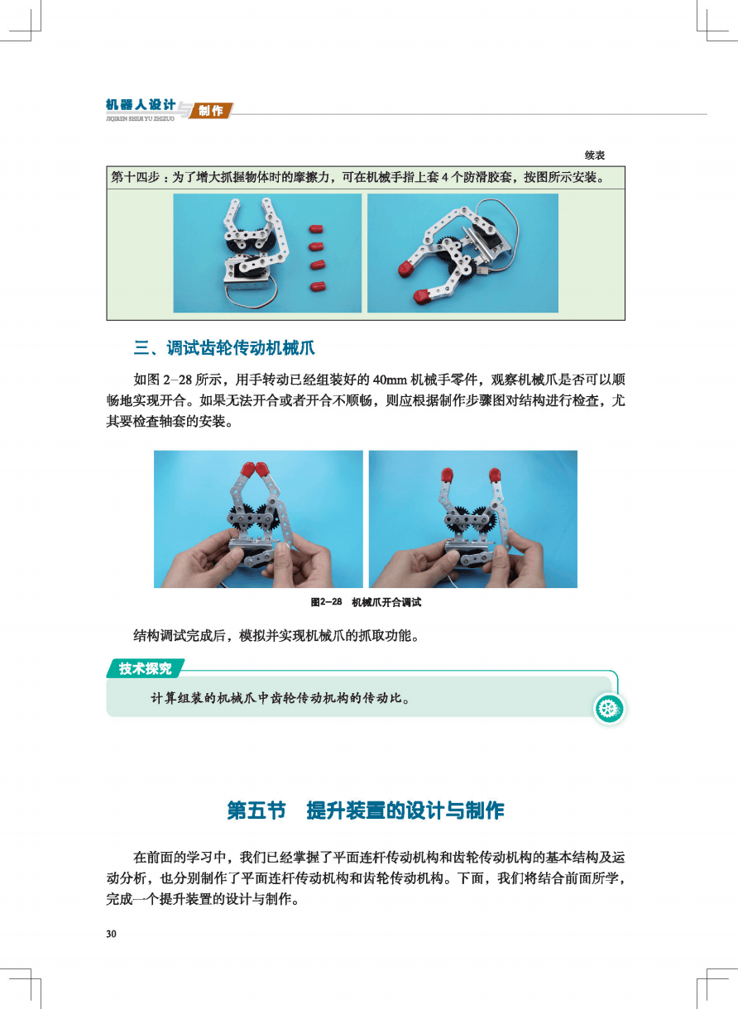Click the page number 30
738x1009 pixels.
click(x=112, y=934)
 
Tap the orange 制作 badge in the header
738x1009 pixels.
click(x=210, y=110)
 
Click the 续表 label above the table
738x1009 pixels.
click(x=595, y=155)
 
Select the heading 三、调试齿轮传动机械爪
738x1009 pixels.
click(x=224, y=348)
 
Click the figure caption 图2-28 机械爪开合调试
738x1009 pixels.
click(x=366, y=602)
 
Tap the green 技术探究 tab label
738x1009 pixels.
click(x=145, y=668)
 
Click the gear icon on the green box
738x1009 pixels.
click(x=609, y=709)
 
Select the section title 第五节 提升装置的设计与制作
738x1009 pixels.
click(x=366, y=811)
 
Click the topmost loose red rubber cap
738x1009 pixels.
click(x=316, y=229)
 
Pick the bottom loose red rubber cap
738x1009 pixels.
click(x=318, y=286)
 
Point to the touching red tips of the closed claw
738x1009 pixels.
click(x=255, y=469)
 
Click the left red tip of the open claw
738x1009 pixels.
click(x=447, y=475)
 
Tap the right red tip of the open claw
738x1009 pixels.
click(x=495, y=476)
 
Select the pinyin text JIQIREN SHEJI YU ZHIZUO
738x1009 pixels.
click(x=140, y=119)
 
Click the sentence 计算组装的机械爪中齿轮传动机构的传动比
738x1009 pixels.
click(x=280, y=699)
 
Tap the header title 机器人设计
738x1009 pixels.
click(x=141, y=105)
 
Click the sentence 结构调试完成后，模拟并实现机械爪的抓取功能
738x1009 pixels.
click(x=276, y=635)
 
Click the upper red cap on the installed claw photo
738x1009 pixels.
click(x=409, y=268)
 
